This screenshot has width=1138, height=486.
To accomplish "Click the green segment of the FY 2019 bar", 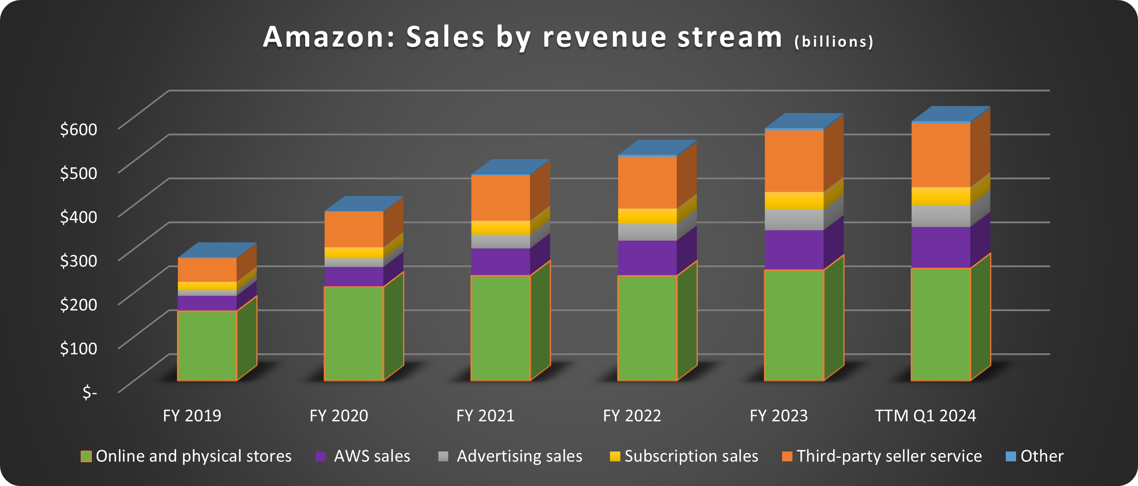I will pyautogui.click(x=207, y=345).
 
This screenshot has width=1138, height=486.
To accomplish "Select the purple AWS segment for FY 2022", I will pyautogui.click(x=647, y=258).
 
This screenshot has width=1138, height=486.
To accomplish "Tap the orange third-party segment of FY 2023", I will pyautogui.click(x=794, y=161).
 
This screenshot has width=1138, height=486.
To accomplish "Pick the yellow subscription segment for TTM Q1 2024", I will pyautogui.click(x=941, y=196).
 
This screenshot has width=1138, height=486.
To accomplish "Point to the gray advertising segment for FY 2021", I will pyautogui.click(x=500, y=241).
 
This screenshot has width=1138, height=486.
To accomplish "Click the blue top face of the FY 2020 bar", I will pyautogui.click(x=363, y=204).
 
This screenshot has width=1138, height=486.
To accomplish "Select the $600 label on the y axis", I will pyautogui.click(x=78, y=129).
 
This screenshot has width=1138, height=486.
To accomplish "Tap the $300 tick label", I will pyautogui.click(x=78, y=260).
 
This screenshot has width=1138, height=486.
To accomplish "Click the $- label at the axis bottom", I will pyautogui.click(x=90, y=392).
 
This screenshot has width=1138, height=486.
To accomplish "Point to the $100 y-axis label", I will pyautogui.click(x=78, y=348).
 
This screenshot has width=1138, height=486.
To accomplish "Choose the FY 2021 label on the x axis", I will pyautogui.click(x=485, y=416).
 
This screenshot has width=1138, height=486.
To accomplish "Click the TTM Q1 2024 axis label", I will pyautogui.click(x=925, y=416).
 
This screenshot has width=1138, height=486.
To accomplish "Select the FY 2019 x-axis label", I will pyautogui.click(x=192, y=416).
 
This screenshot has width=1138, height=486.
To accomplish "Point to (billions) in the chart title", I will pyautogui.click(x=834, y=42).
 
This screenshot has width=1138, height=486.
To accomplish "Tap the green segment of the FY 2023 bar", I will pyautogui.click(x=794, y=325).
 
